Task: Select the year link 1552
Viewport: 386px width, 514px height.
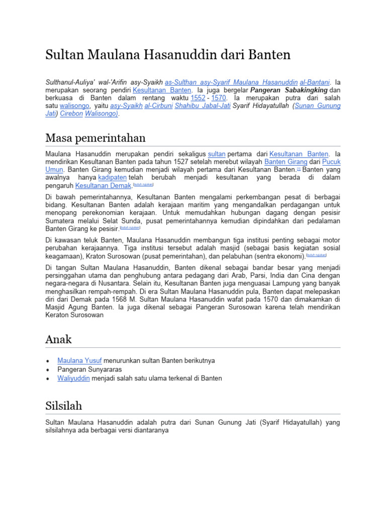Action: point(198,97)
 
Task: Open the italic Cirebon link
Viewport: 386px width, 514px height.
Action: point(71,114)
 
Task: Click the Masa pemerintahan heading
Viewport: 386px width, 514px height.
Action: point(95,138)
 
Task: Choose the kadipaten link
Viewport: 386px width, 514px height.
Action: point(113,178)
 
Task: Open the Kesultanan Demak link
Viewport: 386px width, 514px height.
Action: point(103,186)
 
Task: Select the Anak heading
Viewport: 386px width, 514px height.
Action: point(58,340)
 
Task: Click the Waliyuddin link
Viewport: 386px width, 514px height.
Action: point(73,378)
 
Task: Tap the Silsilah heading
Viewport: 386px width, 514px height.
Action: point(63,406)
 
